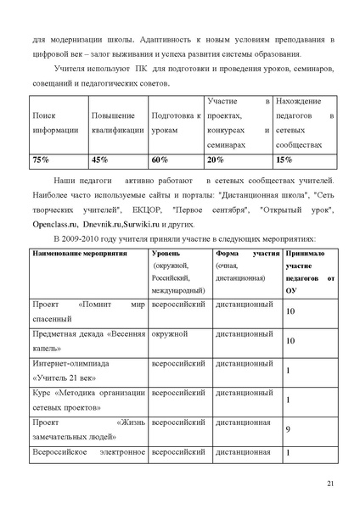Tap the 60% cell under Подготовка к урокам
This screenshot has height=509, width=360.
pos(160,159)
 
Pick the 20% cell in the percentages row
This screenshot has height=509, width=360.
pos(216,159)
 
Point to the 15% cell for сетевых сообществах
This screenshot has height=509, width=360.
pos(285,159)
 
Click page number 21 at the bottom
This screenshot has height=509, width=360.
pos(330,484)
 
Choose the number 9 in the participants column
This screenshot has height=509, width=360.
pos(288,430)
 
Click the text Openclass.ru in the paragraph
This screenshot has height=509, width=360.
pos(52,225)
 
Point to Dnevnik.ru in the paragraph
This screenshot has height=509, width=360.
pos(99,225)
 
